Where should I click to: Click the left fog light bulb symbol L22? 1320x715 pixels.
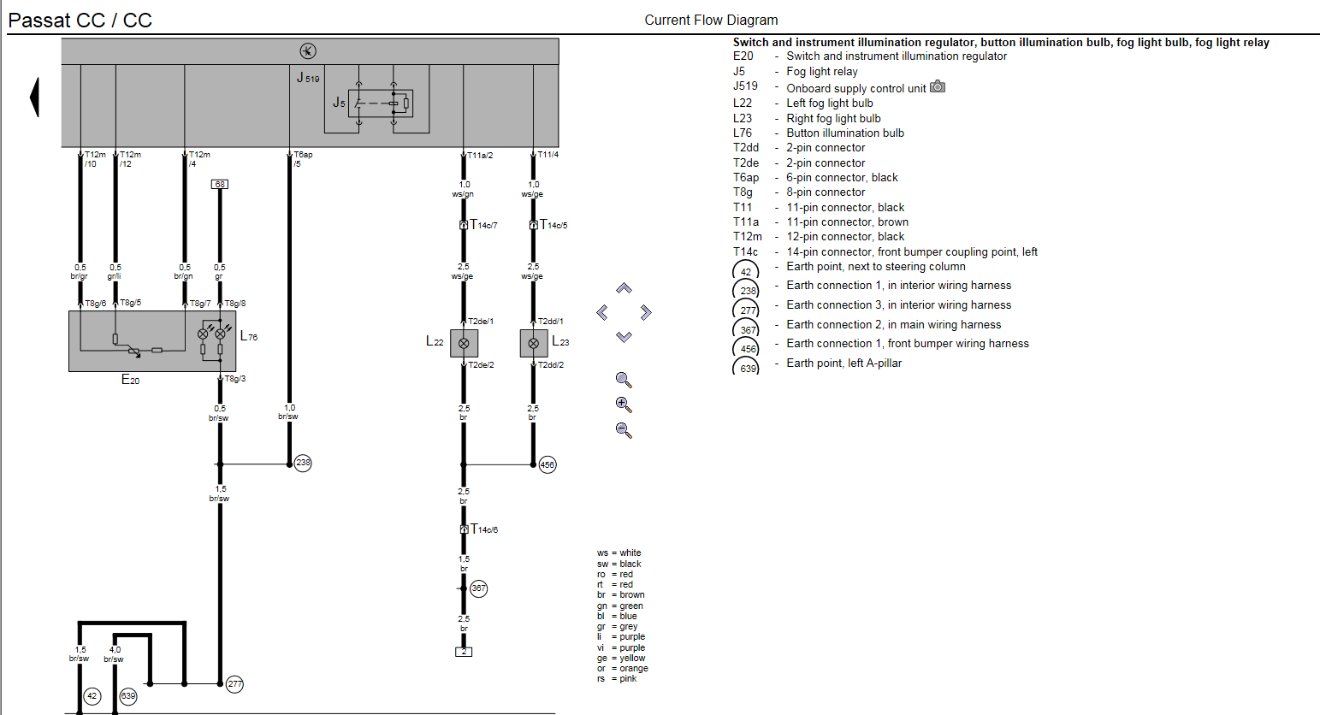(x=464, y=343)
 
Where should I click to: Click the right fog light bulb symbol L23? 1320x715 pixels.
(x=534, y=343)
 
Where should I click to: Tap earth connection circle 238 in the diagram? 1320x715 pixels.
(x=303, y=463)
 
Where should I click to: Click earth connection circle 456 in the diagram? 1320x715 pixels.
(x=548, y=464)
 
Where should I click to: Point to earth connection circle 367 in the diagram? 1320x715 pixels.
(x=479, y=588)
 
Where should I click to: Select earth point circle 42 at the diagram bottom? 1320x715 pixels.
(x=92, y=696)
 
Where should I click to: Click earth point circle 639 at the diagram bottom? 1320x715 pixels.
(x=127, y=696)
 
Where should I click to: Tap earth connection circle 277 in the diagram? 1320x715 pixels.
(x=235, y=683)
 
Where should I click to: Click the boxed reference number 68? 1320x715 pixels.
(x=220, y=184)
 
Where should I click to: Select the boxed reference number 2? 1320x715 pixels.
(x=464, y=652)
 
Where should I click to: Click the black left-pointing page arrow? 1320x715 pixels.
(x=34, y=97)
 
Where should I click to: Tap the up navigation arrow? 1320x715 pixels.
(x=624, y=288)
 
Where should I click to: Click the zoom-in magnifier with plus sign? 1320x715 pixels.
(x=624, y=405)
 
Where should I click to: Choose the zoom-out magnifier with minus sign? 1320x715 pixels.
(x=624, y=430)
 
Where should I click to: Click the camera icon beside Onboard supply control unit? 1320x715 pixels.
(x=938, y=86)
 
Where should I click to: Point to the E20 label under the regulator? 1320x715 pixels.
(x=130, y=380)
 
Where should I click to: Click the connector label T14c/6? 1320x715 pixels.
(x=484, y=529)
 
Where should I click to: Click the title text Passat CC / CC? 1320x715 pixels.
(x=80, y=21)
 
